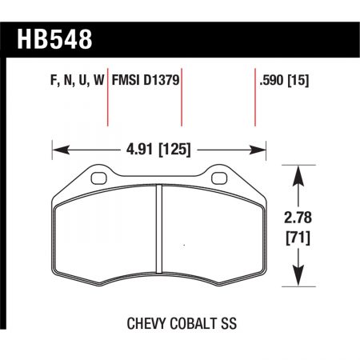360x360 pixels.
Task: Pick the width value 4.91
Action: click(x=141, y=148)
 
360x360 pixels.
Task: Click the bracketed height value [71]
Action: click(x=298, y=237)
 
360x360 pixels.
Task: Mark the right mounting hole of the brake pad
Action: click(x=218, y=178)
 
